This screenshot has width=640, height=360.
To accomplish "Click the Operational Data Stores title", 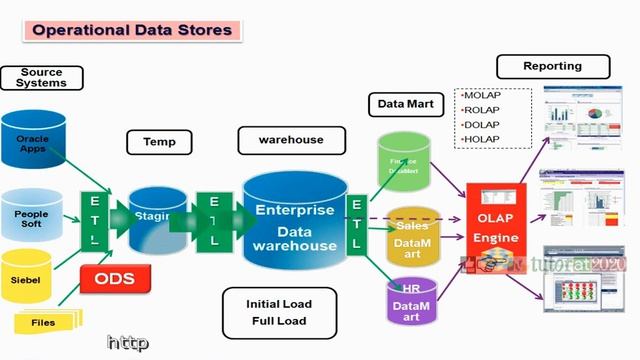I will [x=131, y=30].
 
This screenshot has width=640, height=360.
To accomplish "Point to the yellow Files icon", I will [x=44, y=321].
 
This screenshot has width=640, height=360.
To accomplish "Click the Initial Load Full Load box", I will [x=279, y=312].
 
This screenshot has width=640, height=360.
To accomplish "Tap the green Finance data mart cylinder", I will [x=404, y=161].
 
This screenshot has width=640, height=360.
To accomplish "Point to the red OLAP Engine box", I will [x=496, y=229].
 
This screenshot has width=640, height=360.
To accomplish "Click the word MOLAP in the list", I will [x=482, y=95].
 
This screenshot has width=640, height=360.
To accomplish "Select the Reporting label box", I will [x=552, y=67].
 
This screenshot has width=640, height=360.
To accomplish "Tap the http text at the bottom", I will [x=128, y=343].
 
